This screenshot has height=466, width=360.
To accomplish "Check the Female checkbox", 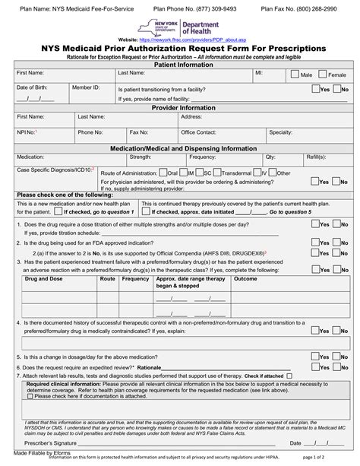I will coord(324,75).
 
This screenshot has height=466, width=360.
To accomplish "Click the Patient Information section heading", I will coord(180,64).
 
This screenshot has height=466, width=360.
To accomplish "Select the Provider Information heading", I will coord(180,108).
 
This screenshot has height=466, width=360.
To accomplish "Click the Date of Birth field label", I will coord(32,88).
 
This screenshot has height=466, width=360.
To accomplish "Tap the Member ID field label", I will coord(86,88).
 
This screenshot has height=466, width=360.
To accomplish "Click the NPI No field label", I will coord(27,132).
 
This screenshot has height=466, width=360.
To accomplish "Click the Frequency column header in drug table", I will coord(135,279).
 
